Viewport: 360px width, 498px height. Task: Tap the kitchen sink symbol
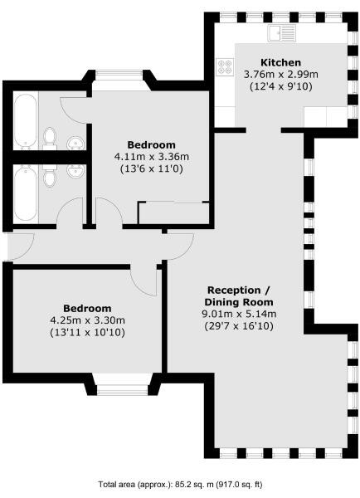(x=281, y=34)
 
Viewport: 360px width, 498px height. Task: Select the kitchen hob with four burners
(x=225, y=66)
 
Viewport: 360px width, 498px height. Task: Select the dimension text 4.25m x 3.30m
(x=85, y=320)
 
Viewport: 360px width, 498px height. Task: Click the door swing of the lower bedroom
(x=147, y=281)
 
